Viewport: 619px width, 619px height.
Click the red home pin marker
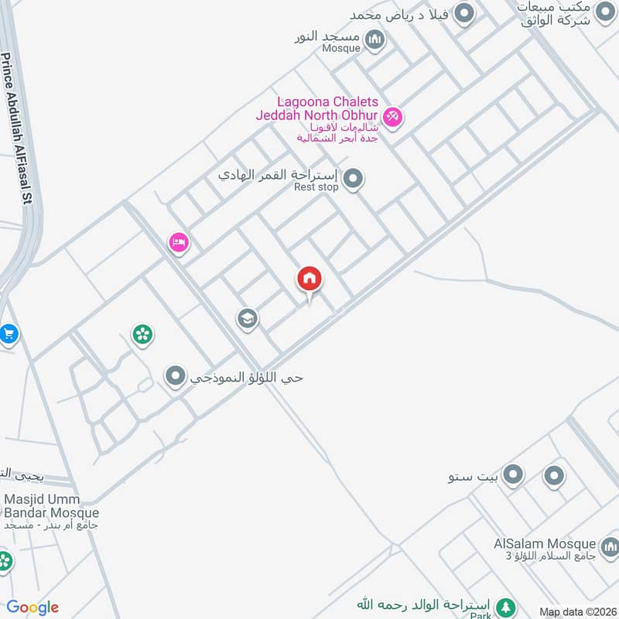[x=309, y=279]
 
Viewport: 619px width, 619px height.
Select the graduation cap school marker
[x=247, y=318]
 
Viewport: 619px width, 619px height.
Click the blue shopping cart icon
[x=9, y=334]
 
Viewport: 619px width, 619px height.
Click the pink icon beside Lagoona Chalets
[x=392, y=117]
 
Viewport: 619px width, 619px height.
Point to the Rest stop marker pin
[x=354, y=180]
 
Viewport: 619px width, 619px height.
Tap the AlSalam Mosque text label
[x=545, y=544]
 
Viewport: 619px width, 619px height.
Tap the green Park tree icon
[x=505, y=607]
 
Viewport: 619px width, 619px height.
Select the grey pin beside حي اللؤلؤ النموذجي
[x=176, y=377]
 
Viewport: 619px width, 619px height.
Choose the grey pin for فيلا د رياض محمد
[x=464, y=13]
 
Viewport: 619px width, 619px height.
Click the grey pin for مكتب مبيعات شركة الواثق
[x=605, y=12]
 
